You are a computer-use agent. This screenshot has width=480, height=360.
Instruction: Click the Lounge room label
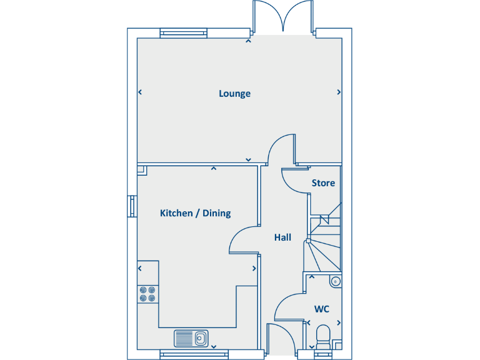234,94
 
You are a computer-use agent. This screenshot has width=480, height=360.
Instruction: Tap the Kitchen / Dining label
195,213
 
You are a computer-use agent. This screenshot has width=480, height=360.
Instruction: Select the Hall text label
282,237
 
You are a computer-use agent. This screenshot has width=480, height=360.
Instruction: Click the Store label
323,183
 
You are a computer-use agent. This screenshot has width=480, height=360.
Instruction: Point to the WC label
322,309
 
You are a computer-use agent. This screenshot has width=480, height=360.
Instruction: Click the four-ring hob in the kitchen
147,294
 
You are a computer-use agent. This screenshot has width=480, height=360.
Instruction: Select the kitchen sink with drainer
192,338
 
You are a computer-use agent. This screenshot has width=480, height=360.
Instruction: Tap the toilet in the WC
323,336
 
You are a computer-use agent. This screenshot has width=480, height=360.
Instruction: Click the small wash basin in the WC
335,281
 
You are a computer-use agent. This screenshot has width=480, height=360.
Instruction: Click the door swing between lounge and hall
280,149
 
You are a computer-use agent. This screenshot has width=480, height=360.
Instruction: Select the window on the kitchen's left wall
132,206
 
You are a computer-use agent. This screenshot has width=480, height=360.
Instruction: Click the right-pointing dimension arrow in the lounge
339,92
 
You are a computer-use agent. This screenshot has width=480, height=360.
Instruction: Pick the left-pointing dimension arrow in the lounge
140,92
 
